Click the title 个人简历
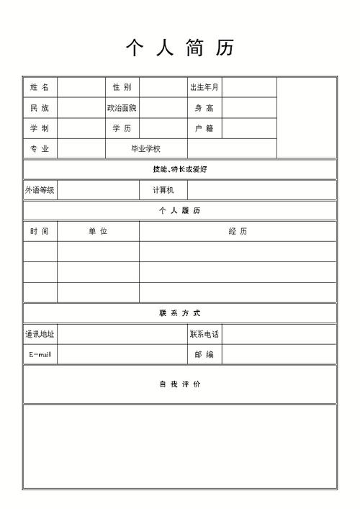(x=180, y=49)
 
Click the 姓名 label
(x=40, y=87)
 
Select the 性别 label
(x=122, y=87)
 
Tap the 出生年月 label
(x=204, y=87)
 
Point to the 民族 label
(x=40, y=108)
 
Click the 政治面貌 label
(x=122, y=108)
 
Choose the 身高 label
(x=204, y=108)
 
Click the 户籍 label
(x=204, y=128)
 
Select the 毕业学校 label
(x=145, y=149)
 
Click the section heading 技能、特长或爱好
(x=180, y=169)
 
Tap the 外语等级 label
(x=40, y=190)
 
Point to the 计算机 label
(x=163, y=190)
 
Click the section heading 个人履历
(x=180, y=210)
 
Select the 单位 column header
(x=98, y=231)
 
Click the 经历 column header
(x=238, y=231)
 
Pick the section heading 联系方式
(x=180, y=313)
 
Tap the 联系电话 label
(x=204, y=334)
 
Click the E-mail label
(x=40, y=354)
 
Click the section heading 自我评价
(x=180, y=384)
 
